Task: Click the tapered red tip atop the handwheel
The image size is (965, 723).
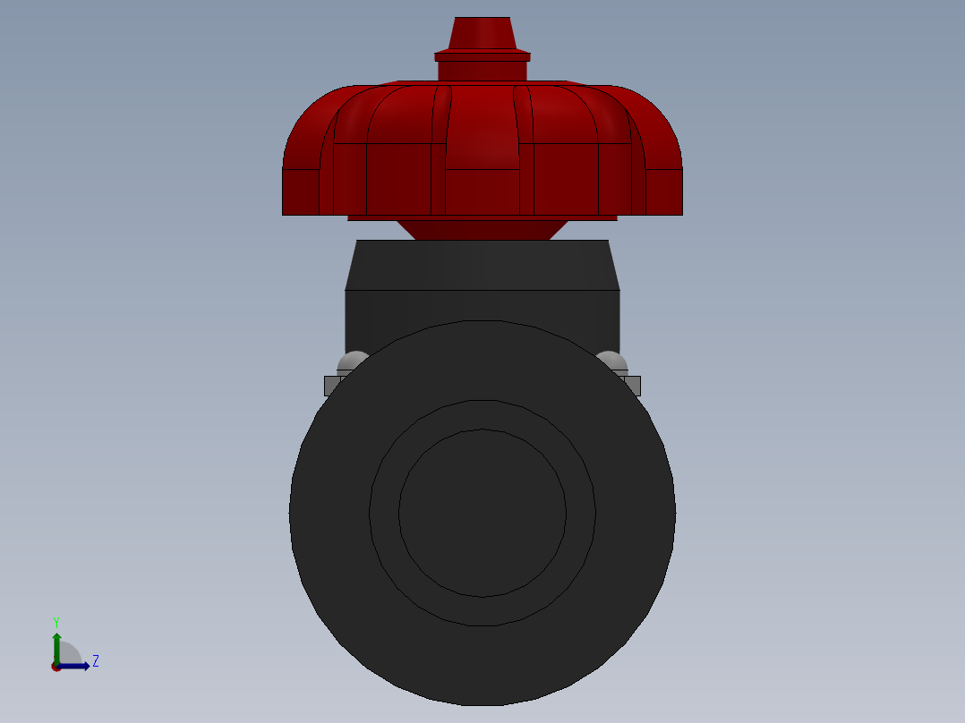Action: click(482, 33)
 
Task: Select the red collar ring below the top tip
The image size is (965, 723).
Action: click(482, 56)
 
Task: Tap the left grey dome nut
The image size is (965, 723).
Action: click(353, 361)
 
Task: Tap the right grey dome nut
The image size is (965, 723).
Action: click(612, 361)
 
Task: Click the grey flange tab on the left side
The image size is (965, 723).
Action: click(330, 386)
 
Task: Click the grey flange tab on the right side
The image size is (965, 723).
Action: click(633, 386)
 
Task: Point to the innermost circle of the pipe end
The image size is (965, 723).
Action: click(482, 513)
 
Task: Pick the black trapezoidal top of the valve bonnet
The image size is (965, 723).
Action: click(482, 265)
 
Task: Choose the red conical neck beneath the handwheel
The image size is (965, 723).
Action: click(482, 230)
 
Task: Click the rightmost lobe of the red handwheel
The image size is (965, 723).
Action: click(663, 179)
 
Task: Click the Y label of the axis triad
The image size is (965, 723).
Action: click(56, 621)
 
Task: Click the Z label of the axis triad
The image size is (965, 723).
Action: click(96, 661)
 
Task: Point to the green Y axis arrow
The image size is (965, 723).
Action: click(56, 646)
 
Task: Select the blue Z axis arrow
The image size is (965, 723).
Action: click(76, 666)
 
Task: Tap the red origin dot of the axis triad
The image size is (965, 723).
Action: click(56, 667)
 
